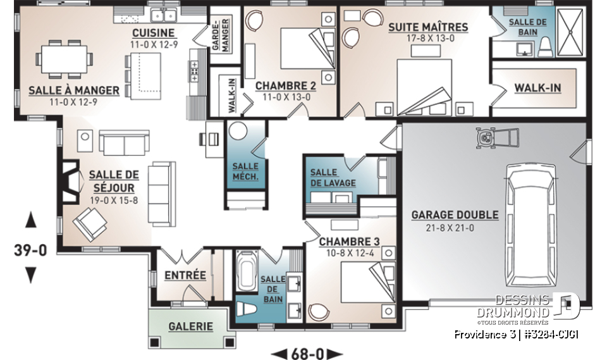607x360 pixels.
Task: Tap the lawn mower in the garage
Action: click(498, 137)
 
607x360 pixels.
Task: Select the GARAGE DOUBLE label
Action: click(455, 215)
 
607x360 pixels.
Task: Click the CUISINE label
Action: click(153, 33)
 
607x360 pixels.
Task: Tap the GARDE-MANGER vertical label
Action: click(223, 35)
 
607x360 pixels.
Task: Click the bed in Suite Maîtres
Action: click(424, 82)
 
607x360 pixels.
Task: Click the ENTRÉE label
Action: click(185, 275)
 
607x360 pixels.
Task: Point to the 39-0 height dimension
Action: click(30, 251)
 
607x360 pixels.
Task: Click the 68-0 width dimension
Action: click(306, 352)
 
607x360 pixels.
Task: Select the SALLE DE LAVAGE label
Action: click(333, 178)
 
